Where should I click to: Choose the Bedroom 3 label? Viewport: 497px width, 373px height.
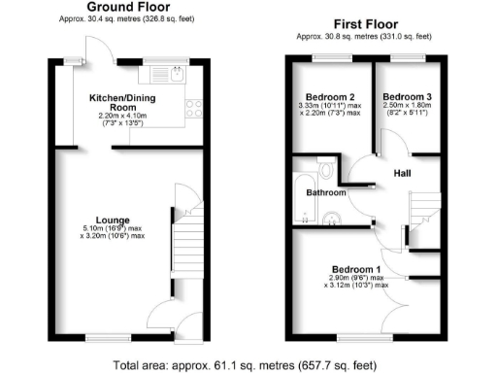click(404, 97)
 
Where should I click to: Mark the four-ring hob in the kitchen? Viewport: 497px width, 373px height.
click(191, 108)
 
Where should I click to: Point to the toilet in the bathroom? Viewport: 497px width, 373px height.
click(326, 171)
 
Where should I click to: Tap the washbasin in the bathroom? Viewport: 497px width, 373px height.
click(333, 217)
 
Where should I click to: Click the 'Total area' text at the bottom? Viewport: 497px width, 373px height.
click(248, 365)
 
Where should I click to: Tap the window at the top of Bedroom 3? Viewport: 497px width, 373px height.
click(403, 59)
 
